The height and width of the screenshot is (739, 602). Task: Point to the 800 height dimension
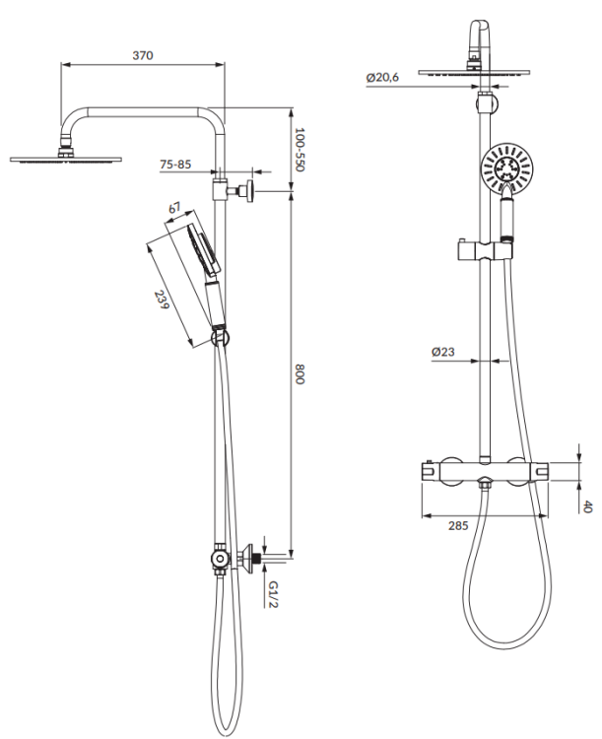coord(300,374)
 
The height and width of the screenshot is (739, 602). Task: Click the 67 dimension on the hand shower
coord(175,209)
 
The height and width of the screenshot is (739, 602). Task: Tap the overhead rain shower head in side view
coord(67,158)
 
